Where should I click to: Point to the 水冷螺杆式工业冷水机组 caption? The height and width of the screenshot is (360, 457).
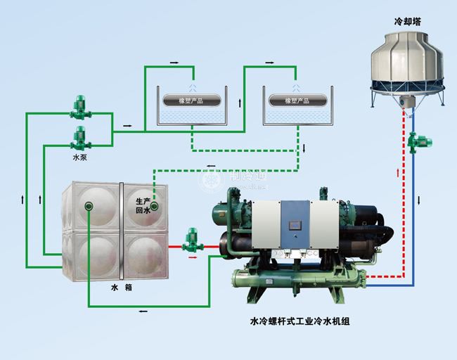[x=300, y=321]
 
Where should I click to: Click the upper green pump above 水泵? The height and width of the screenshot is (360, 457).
[x=79, y=108]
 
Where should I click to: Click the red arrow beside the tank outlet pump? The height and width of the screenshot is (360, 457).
[x=191, y=257]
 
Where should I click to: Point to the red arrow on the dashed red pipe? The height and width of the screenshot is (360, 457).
[x=399, y=171]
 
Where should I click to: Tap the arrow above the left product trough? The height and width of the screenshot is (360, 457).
[x=174, y=62]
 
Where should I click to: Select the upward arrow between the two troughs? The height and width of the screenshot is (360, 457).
[x=241, y=103]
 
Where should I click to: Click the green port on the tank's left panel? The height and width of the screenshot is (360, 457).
[x=89, y=207]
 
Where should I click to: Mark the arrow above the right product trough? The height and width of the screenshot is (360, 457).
[x=271, y=62]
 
